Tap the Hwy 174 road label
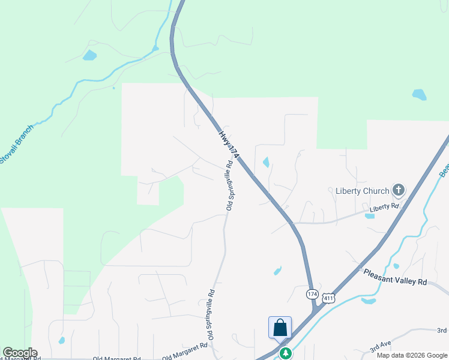click(x=229, y=144)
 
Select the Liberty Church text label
click(x=362, y=191)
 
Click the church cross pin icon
click(x=398, y=190)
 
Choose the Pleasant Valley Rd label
click(x=395, y=277)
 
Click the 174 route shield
click(x=312, y=294)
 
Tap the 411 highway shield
click(x=328, y=298)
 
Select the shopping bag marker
click(x=280, y=328)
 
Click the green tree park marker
click(x=286, y=353)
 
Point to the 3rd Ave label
click(x=381, y=346)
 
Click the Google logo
click(x=20, y=353)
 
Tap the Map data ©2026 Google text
click(x=412, y=355)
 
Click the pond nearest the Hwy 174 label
click(x=265, y=162)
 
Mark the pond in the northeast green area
click(x=419, y=94)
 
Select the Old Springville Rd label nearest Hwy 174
click(x=229, y=185)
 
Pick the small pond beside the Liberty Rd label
click(x=369, y=215)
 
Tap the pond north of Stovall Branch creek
click(x=89, y=56)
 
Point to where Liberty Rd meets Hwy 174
click(x=293, y=223)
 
